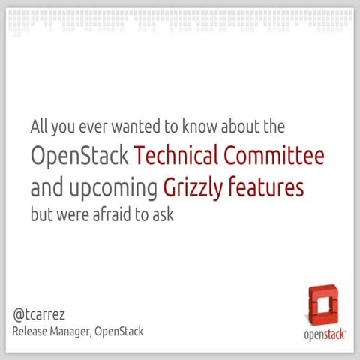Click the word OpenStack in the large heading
click(x=80, y=156)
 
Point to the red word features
click(x=267, y=187)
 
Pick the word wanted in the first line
click(x=118, y=125)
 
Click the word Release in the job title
click(x=31, y=331)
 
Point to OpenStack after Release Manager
click(x=121, y=331)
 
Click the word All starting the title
click(x=38, y=125)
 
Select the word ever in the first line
click(x=83, y=125)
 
